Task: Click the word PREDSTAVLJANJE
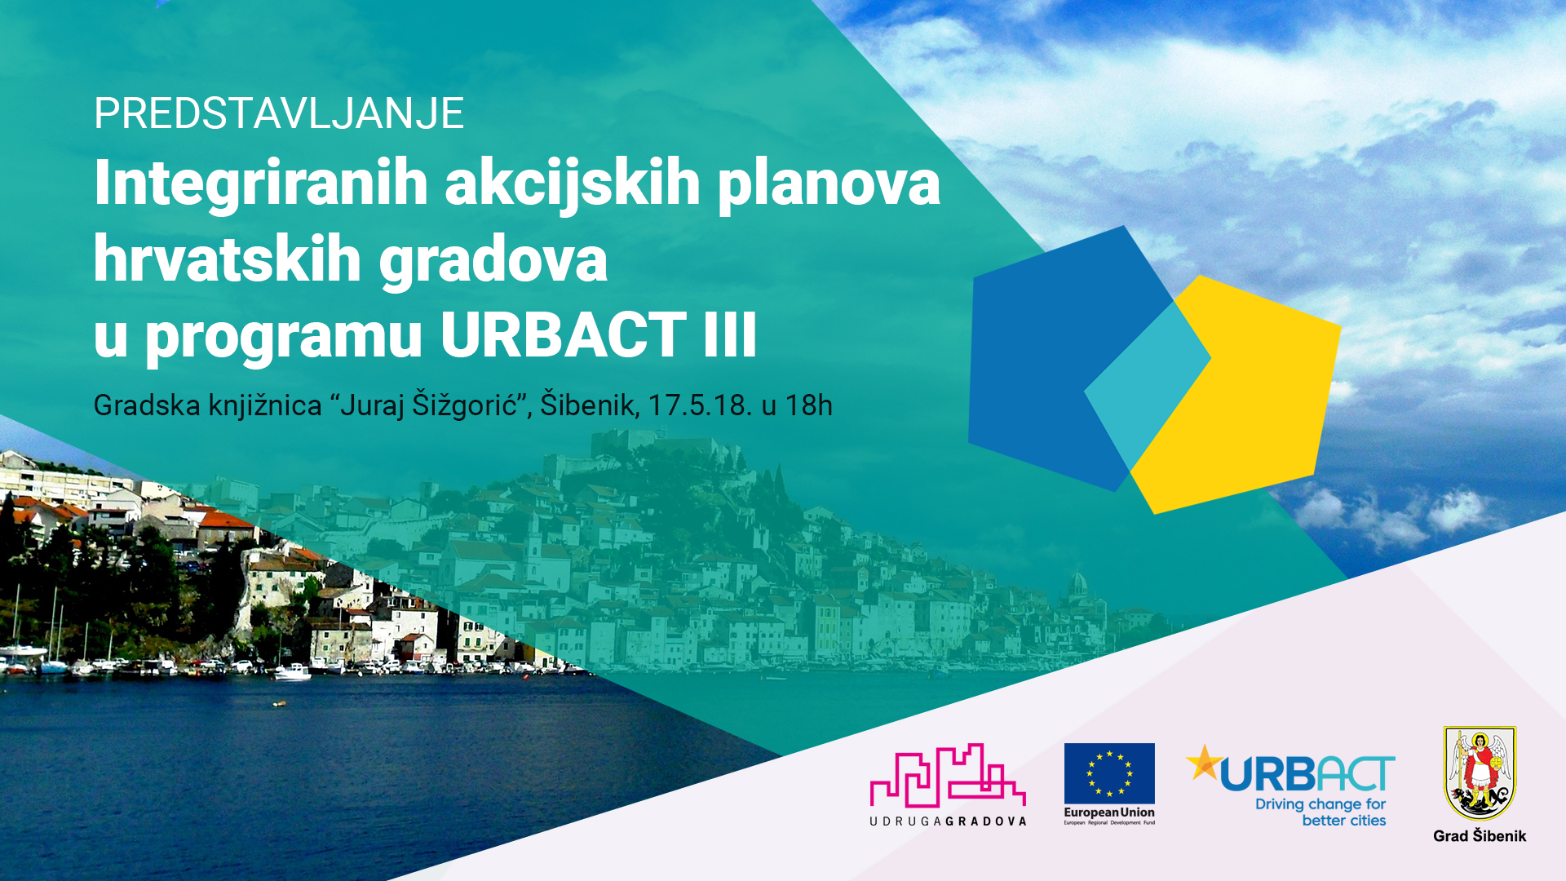pyautogui.click(x=279, y=113)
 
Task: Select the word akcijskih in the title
pyautogui.click(x=572, y=183)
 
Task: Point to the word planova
pyautogui.click(x=829, y=183)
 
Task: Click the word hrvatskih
pyautogui.click(x=228, y=259)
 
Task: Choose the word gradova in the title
pyautogui.click(x=493, y=259)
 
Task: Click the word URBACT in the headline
pyautogui.click(x=564, y=334)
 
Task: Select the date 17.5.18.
pyautogui.click(x=700, y=405)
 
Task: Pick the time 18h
pyautogui.click(x=808, y=405)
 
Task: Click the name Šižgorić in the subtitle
pyautogui.click(x=465, y=405)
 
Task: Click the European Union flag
pyautogui.click(x=1109, y=773)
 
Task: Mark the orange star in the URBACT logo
pyautogui.click(x=1204, y=762)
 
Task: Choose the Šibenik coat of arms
pyautogui.click(x=1480, y=773)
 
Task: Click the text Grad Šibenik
pyautogui.click(x=1480, y=836)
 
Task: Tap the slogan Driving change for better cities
pyautogui.click(x=1321, y=812)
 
